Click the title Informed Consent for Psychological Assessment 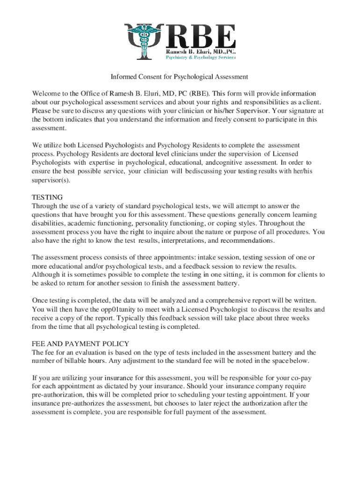pyautogui.click(x=179, y=76)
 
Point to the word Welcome pyautogui.click(x=45, y=93)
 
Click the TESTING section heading pyautogui.click(x=47, y=197)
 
